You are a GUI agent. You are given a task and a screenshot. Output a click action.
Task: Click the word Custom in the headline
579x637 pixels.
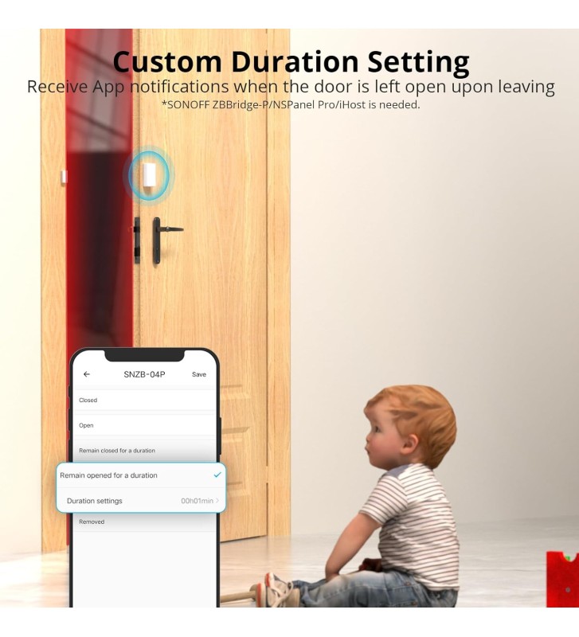[x=167, y=62]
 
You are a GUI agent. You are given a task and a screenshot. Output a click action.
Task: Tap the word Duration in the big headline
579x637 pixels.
[x=295, y=62]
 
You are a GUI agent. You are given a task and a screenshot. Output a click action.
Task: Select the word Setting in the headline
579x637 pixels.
[x=418, y=64]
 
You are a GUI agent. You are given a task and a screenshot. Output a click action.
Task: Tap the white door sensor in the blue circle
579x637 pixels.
[x=150, y=175]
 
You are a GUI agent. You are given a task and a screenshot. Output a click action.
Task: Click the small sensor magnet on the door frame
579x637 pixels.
[x=64, y=177]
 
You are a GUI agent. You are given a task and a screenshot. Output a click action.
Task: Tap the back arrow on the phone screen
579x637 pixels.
[x=87, y=374]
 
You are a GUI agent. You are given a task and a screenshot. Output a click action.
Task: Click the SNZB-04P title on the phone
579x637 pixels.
[x=144, y=374]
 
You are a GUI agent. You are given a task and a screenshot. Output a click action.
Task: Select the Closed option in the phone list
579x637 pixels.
[x=88, y=401]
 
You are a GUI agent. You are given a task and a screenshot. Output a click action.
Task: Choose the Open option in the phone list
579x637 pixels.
[x=86, y=425]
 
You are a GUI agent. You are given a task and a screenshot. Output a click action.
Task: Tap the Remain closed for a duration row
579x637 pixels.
[x=117, y=451]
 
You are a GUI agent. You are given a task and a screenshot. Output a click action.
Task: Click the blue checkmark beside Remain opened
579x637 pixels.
[x=217, y=475]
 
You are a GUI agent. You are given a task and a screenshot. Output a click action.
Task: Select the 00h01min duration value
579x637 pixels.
[x=197, y=501]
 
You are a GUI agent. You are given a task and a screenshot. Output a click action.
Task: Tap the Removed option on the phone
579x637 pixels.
[x=92, y=522]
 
